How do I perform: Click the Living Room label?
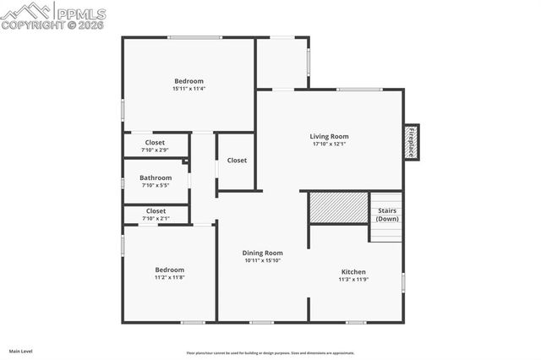click(x=329, y=136)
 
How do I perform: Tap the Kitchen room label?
click(x=352, y=271)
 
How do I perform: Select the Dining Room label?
click(x=262, y=253)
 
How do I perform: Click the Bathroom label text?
click(x=156, y=177)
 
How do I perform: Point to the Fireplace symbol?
click(x=411, y=141)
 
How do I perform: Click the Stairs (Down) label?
click(x=387, y=215)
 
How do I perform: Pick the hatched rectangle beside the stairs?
click(x=337, y=208)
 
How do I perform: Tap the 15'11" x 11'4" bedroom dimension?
click(x=189, y=89)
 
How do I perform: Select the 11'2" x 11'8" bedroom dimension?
click(x=169, y=277)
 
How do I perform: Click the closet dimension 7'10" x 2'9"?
click(x=156, y=150)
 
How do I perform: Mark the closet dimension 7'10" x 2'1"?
click(x=156, y=218)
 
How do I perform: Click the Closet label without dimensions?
click(x=237, y=160)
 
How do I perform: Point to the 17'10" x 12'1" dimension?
click(x=329, y=144)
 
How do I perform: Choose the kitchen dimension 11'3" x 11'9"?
click(x=352, y=279)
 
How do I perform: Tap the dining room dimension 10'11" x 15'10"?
click(x=262, y=260)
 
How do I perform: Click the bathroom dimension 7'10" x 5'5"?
click(x=156, y=185)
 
